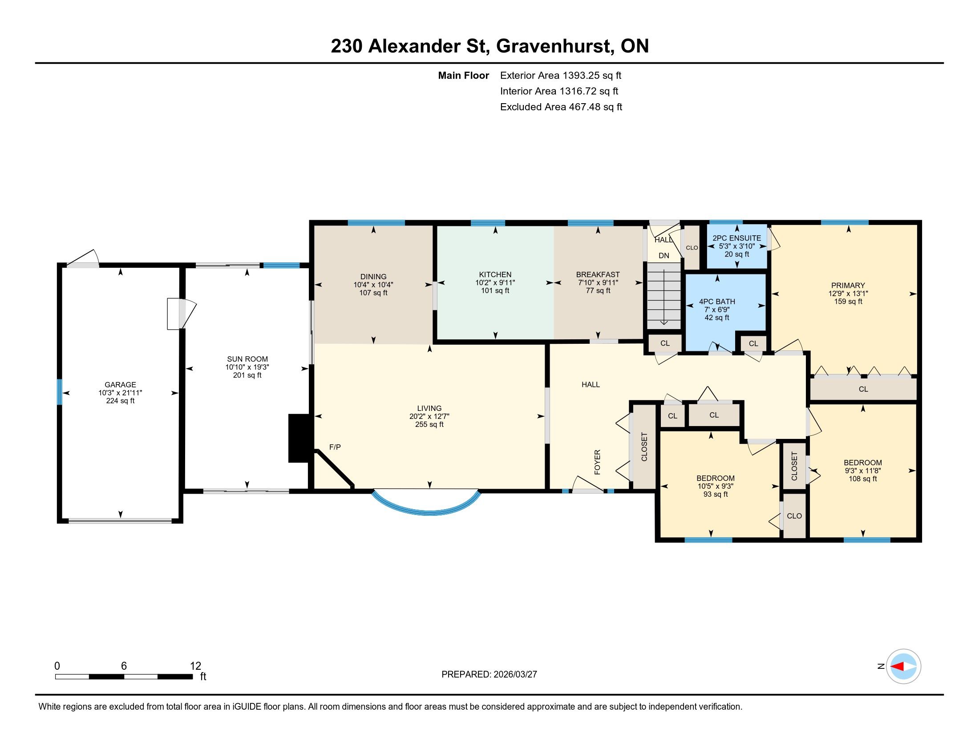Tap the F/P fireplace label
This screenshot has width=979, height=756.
pos(335,447)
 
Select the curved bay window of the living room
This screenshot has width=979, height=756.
pos(426,503)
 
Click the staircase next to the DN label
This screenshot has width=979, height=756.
pos(664,296)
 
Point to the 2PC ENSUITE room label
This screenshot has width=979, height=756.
pos(737,238)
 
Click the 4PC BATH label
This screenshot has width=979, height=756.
pos(717,302)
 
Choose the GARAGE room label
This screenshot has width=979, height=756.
pos(120,385)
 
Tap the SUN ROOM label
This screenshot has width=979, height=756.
pos(247,359)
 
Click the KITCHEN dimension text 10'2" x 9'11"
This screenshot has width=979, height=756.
pos(495,282)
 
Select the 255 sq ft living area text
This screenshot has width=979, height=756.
pos(429,425)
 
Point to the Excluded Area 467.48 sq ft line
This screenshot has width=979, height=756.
pos(561,107)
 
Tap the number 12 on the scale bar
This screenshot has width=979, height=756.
pos(195,666)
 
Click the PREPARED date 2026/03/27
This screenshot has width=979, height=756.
pos(515,674)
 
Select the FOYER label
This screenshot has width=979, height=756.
pos(597,462)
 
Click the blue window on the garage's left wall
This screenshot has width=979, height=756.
pos(59,392)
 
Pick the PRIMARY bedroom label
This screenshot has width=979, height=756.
pos(848,286)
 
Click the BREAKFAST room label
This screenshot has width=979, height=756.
pos(598,274)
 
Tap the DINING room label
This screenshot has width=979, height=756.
pos(373,277)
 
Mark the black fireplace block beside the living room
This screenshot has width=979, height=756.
pos(299,438)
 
